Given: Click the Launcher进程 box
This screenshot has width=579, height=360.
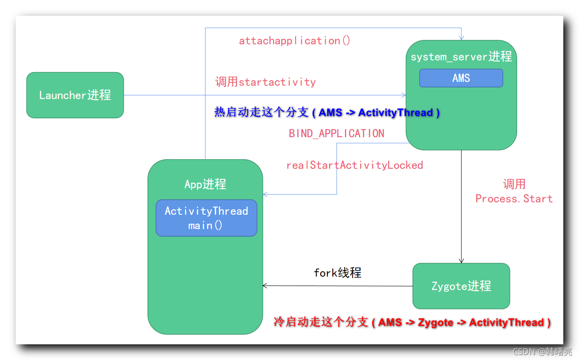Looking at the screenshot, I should tap(75, 95).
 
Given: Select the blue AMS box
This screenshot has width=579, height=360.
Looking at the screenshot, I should tap(461, 78).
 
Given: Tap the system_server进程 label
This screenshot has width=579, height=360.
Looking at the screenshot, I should tap(461, 56).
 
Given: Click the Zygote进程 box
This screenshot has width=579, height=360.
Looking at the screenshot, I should tap(461, 286).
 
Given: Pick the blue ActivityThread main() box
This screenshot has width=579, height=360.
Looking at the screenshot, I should tap(206, 218).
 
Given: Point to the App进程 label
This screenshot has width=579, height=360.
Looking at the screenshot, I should tap(205, 184).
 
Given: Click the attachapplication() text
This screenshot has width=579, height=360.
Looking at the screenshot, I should tap(295, 41).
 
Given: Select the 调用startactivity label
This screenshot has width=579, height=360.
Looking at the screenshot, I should tap(266, 82).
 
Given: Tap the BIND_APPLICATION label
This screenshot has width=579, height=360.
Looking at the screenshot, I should tap(336, 134).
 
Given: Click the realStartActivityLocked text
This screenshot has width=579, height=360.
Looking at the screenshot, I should tap(354, 165).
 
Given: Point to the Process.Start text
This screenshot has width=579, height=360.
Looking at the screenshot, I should tap(514, 199).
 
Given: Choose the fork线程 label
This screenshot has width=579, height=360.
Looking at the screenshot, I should tap(337, 273).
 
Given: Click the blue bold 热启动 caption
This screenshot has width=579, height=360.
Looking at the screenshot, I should tap(327, 113).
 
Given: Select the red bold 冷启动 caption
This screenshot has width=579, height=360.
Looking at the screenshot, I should tap(412, 322).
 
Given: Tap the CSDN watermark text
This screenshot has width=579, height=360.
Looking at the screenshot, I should tap(542, 352).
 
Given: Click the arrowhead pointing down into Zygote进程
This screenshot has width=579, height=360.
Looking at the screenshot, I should tap(461, 260).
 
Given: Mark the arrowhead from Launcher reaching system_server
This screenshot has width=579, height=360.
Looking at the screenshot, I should tap(404, 95).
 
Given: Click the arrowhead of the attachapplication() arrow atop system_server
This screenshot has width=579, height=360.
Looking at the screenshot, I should tap(461, 38).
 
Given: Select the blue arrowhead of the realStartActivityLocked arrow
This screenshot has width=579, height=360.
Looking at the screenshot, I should tap(266, 194).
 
